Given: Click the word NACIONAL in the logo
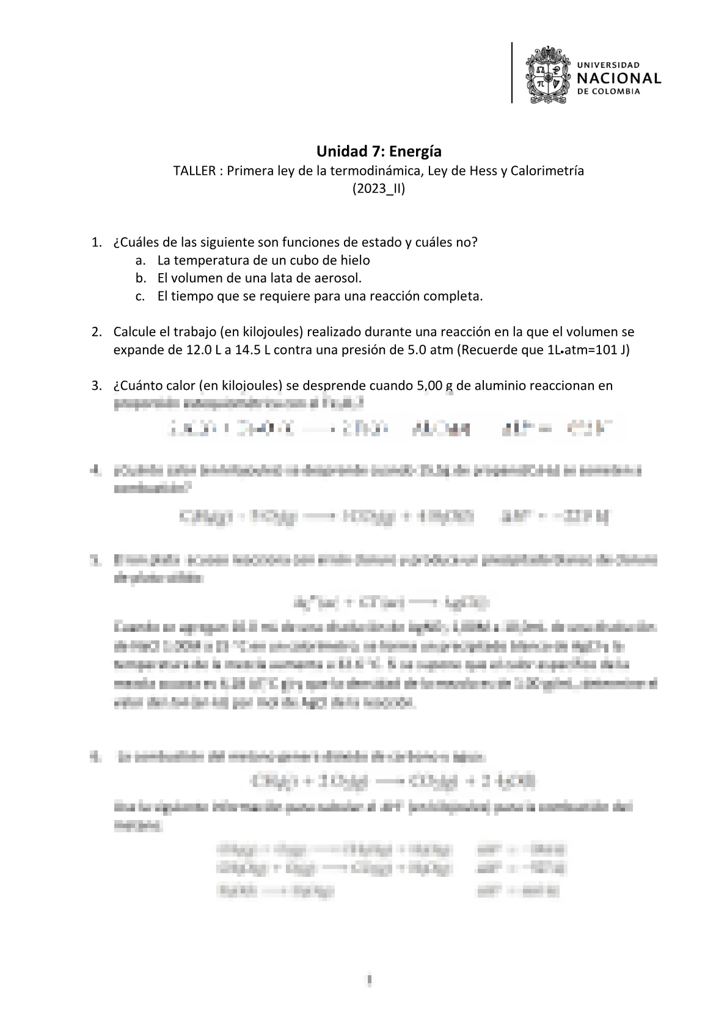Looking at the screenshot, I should [x=619, y=78].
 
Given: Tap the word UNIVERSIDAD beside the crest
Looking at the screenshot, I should [x=608, y=64].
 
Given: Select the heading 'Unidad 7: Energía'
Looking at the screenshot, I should [x=379, y=151].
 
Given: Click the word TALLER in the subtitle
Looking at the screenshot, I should [x=194, y=170].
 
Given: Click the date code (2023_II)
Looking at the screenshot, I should [x=379, y=189].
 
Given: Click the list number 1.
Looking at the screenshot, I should [x=95, y=242].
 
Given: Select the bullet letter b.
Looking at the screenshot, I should [x=141, y=278].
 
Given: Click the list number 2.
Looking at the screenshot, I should [x=95, y=332].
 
